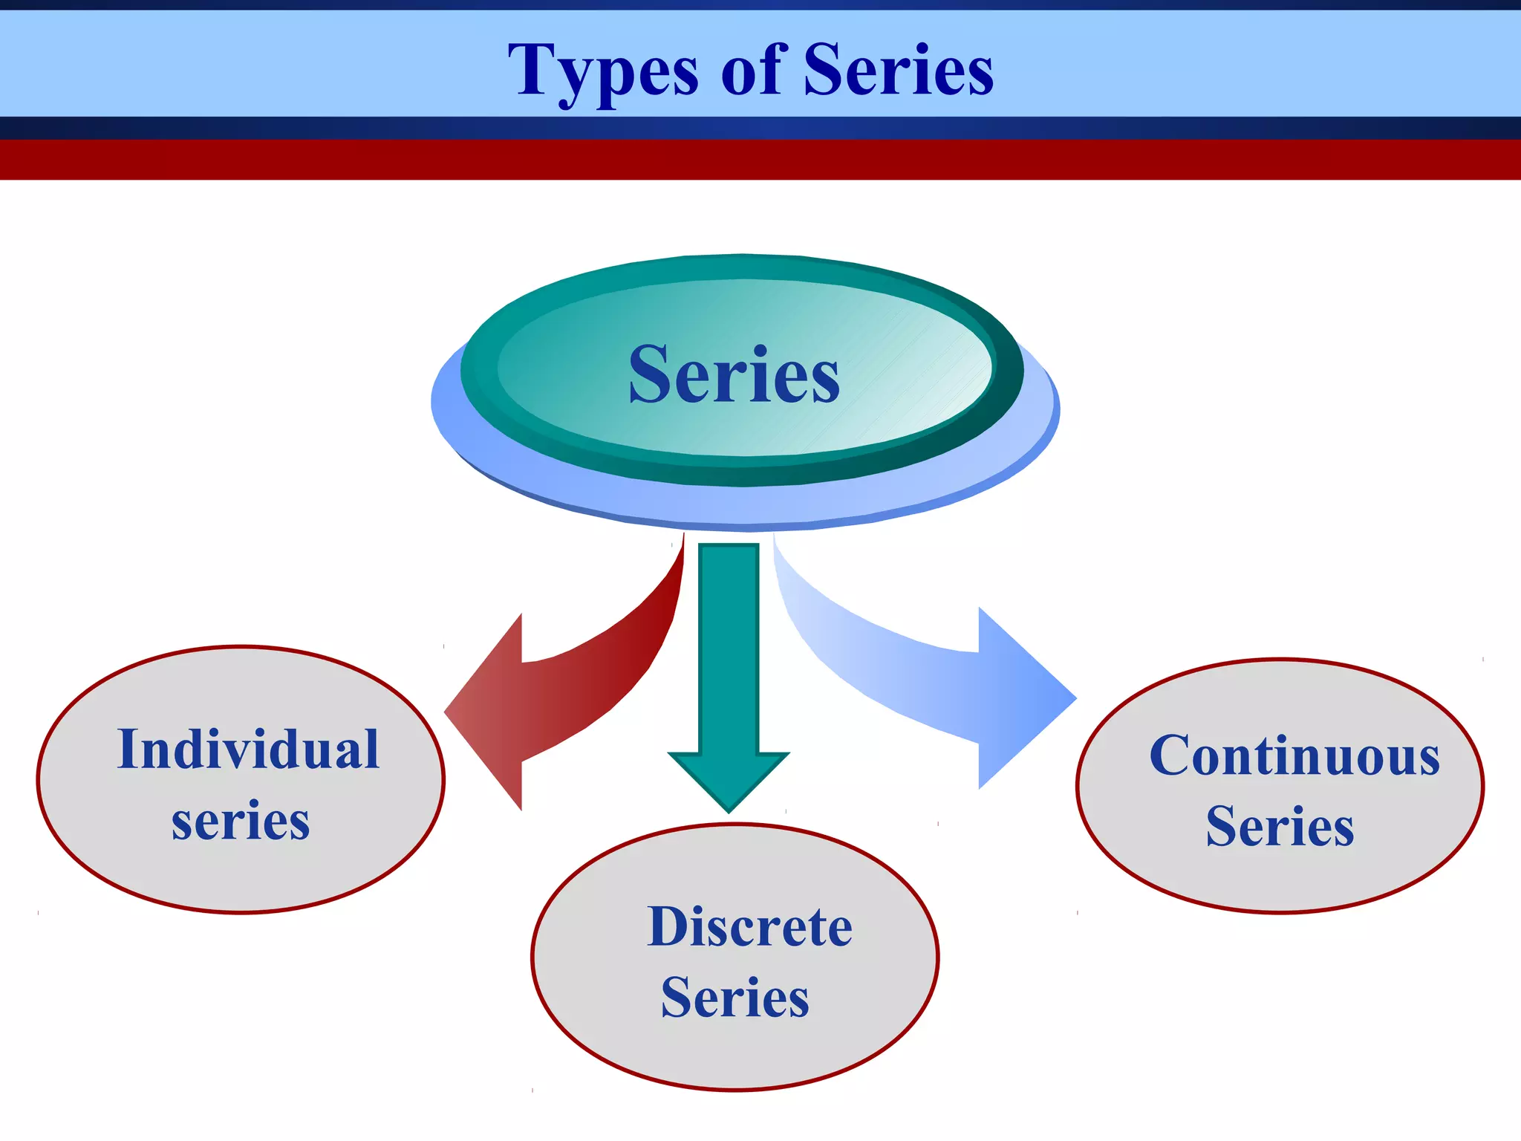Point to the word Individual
[x=248, y=750]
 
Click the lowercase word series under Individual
[x=241, y=822]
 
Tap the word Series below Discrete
[x=735, y=998]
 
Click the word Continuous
[x=1294, y=756]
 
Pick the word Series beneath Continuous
[x=1280, y=827]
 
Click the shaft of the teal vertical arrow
[x=729, y=646]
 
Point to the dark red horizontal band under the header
[x=760, y=160]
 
